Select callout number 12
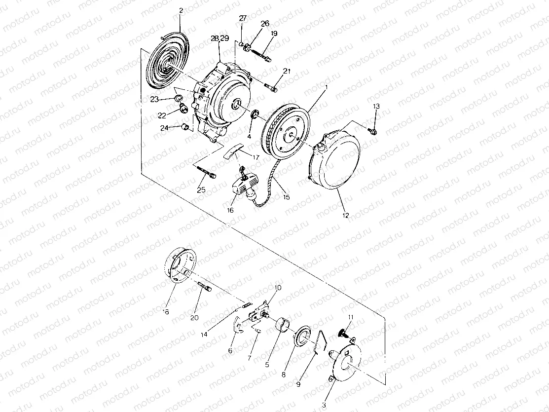tap(345, 215)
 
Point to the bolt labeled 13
tap(373, 131)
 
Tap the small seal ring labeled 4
tap(256, 115)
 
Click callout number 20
tap(194, 318)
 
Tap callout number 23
tap(154, 99)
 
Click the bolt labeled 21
tap(272, 88)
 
